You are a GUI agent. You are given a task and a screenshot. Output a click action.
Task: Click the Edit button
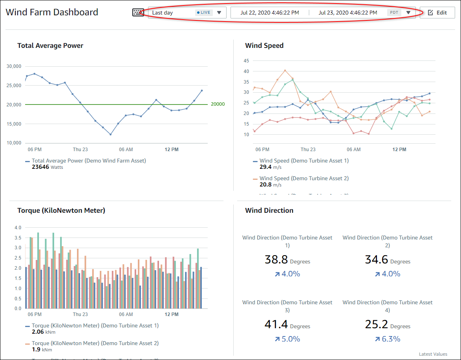point(437,13)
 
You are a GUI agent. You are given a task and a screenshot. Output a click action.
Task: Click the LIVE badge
point(203,13)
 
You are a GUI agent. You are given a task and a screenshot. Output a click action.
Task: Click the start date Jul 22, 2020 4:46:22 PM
point(269,13)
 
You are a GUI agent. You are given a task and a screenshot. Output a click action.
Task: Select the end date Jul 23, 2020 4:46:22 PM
point(348,13)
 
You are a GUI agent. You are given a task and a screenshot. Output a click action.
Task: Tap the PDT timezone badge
point(394,13)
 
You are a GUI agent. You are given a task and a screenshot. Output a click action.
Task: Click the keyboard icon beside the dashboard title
point(138,13)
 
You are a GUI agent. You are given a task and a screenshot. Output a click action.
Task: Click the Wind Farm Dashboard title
point(52,12)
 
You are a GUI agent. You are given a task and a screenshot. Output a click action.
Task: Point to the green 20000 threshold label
point(218,104)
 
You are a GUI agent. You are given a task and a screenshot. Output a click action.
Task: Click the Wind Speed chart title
point(264,46)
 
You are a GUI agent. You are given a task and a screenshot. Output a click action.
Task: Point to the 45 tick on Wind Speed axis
point(247,61)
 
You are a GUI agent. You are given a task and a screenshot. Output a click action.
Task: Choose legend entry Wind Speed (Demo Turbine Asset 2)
point(304,178)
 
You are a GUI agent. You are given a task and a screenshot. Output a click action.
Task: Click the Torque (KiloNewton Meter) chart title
point(61,210)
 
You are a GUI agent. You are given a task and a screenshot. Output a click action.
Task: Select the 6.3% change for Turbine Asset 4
point(391,339)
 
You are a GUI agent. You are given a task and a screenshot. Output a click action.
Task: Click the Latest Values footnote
point(433,354)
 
